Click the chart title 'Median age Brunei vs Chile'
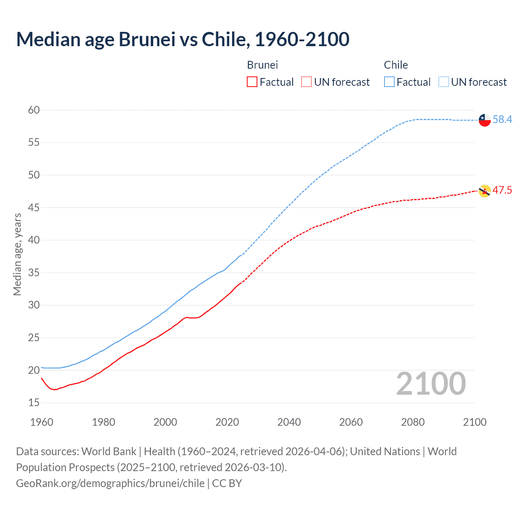click(183, 40)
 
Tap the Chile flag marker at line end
click(485, 120)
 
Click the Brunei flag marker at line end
click(485, 191)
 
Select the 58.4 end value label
click(502, 120)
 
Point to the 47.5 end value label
click(502, 190)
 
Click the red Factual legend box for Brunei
click(252, 82)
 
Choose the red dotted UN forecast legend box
click(306, 82)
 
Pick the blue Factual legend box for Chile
click(389, 82)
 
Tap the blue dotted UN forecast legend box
click(444, 82)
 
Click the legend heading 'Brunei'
click(262, 65)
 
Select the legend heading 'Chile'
click(396, 65)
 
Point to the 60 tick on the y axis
click(34, 110)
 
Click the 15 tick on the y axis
click(34, 403)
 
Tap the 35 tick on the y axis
click(34, 273)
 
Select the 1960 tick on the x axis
click(42, 422)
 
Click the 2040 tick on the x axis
click(289, 422)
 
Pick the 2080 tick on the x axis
click(413, 422)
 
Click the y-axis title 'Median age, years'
click(17, 254)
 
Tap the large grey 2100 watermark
click(431, 384)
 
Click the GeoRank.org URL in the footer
click(110, 483)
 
